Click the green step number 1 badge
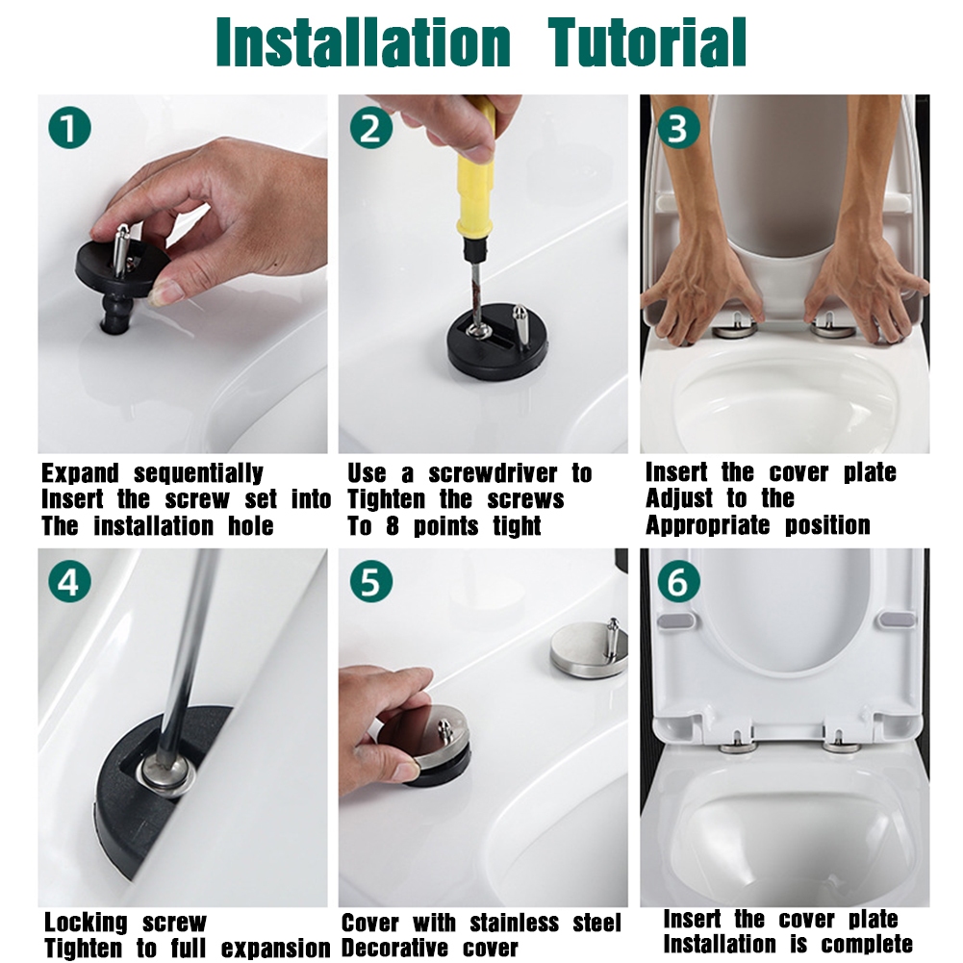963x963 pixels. pos(70,128)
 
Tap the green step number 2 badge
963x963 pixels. pos(371,128)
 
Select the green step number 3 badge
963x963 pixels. pos(678,128)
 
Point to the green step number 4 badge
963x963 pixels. pos(70,581)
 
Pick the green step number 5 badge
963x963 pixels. pos(371,581)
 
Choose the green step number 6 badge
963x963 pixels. pos(678,581)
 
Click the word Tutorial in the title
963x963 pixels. pos(646,42)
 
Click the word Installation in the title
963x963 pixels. pos(364,42)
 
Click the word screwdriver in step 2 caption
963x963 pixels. pos(493,473)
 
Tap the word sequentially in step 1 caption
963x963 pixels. pos(198,474)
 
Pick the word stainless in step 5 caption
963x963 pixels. pos(515,924)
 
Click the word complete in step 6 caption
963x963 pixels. pos(867,944)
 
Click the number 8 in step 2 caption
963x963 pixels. pos(393,525)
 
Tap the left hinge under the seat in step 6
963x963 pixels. pos(738,744)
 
